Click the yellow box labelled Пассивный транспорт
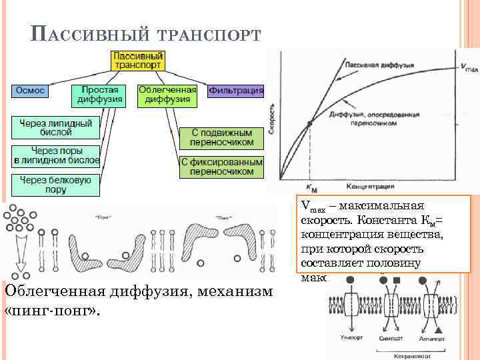[139, 61]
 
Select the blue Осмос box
[29, 90]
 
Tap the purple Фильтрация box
[236, 90]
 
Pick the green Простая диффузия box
[99, 95]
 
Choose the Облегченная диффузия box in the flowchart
[167, 95]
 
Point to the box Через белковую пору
[55, 185]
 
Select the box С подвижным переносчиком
[221, 137]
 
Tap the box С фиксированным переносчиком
[221, 167]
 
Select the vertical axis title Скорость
[271, 120]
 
